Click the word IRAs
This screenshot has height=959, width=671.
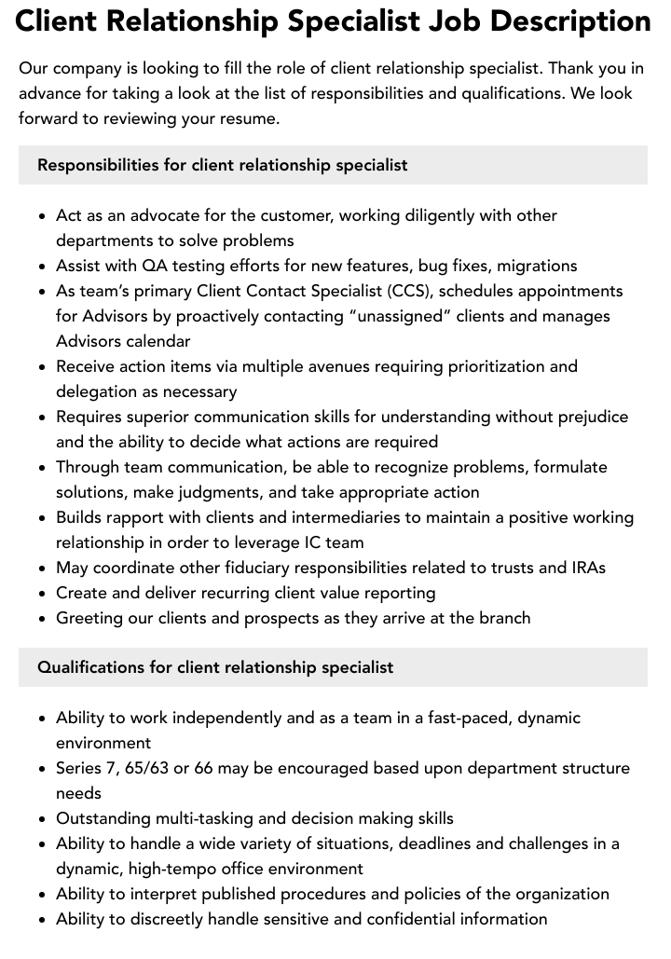(x=588, y=568)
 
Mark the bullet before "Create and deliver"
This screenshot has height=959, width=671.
(x=43, y=594)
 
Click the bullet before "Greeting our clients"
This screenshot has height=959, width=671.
(x=43, y=619)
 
